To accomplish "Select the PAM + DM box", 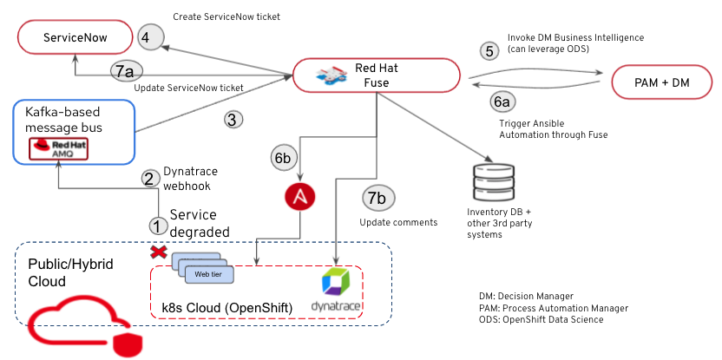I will [662, 82].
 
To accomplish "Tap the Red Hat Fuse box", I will [376, 75].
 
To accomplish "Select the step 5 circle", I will [490, 50].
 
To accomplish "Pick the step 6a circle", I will [502, 102].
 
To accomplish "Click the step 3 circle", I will [231, 120].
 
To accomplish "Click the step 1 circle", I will [157, 225].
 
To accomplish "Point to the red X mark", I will [158, 252].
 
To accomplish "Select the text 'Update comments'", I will [398, 223].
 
